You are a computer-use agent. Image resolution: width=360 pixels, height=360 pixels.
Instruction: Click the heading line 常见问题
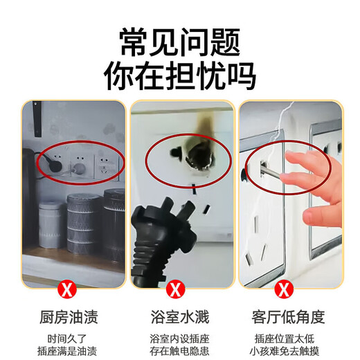point(179,40)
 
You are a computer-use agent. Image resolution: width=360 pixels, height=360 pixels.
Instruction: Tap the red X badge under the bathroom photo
point(179,287)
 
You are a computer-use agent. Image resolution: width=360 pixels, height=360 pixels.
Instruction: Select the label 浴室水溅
point(179,318)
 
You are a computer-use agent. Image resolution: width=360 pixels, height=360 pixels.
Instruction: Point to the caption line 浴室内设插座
point(179,339)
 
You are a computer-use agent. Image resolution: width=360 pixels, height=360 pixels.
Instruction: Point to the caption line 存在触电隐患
point(179,352)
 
